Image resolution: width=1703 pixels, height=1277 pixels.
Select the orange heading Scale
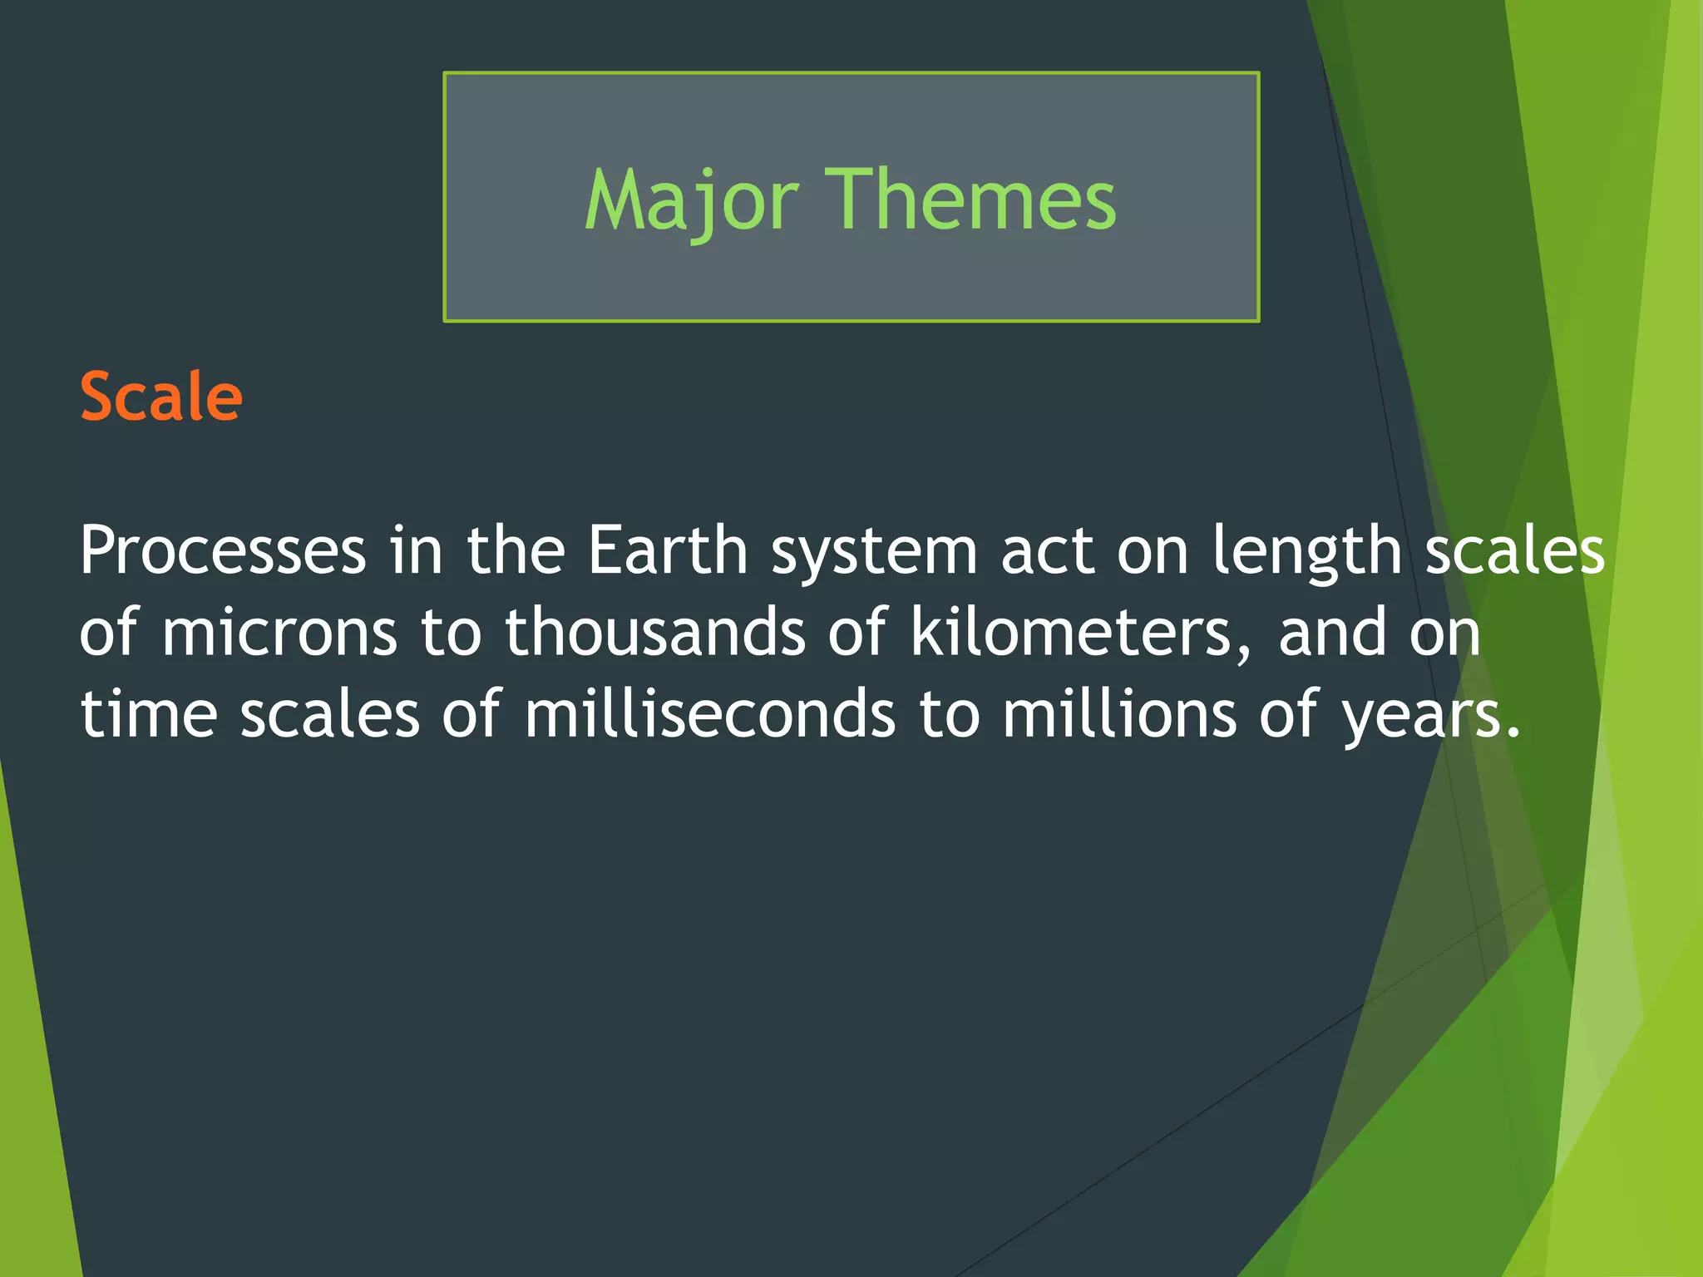click(160, 397)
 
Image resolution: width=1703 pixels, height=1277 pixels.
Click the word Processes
click(223, 550)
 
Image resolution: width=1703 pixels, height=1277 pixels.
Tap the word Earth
click(668, 550)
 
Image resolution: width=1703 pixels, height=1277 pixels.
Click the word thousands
click(655, 632)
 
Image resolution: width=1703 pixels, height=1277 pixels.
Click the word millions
click(1119, 714)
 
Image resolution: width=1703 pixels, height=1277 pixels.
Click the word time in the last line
click(148, 714)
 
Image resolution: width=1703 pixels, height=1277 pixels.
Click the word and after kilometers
click(1333, 632)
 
